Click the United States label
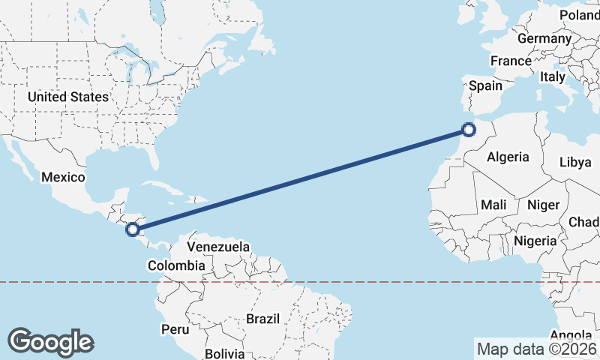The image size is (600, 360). (x=67, y=97)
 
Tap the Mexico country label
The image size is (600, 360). (x=64, y=177)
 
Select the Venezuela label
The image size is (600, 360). (x=218, y=246)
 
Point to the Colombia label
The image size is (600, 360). (x=175, y=265)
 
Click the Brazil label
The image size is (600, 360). (x=262, y=319)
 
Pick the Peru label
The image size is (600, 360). (x=175, y=328)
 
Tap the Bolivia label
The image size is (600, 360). (x=225, y=353)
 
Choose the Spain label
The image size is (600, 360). (x=485, y=85)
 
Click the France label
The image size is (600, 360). (x=511, y=61)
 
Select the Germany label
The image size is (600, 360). (x=544, y=38)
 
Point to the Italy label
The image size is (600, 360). (x=553, y=76)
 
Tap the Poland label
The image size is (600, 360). (x=580, y=15)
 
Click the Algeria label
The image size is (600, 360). (x=508, y=157)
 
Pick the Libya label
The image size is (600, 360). (x=575, y=162)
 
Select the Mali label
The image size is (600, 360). (x=493, y=204)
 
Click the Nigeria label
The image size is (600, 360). (x=535, y=241)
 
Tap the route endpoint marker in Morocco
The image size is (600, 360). (x=469, y=130)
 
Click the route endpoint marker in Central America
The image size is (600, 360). (x=133, y=229)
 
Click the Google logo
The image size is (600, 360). (x=50, y=341)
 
